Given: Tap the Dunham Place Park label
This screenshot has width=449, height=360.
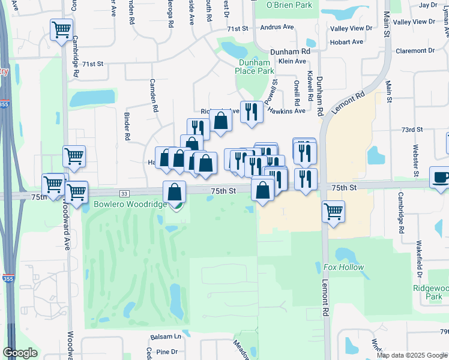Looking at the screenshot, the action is tap(256, 67).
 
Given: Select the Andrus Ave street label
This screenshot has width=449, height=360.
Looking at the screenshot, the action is tap(277, 27).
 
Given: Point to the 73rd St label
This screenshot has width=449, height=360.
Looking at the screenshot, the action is tap(412, 129).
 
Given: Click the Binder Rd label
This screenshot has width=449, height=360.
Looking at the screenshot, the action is tap(127, 126).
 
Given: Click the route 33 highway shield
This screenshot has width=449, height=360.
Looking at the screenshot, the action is tap(124, 193).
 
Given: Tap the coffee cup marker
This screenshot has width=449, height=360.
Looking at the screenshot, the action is tap(441, 178).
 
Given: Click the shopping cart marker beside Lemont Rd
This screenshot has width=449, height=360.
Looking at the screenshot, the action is tap(333, 211).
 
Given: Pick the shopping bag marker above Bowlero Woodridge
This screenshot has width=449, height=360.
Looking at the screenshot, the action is tap(174, 193).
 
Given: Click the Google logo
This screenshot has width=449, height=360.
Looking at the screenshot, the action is tap(20, 353).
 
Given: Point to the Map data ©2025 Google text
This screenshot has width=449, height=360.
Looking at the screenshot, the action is tap(411, 355).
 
